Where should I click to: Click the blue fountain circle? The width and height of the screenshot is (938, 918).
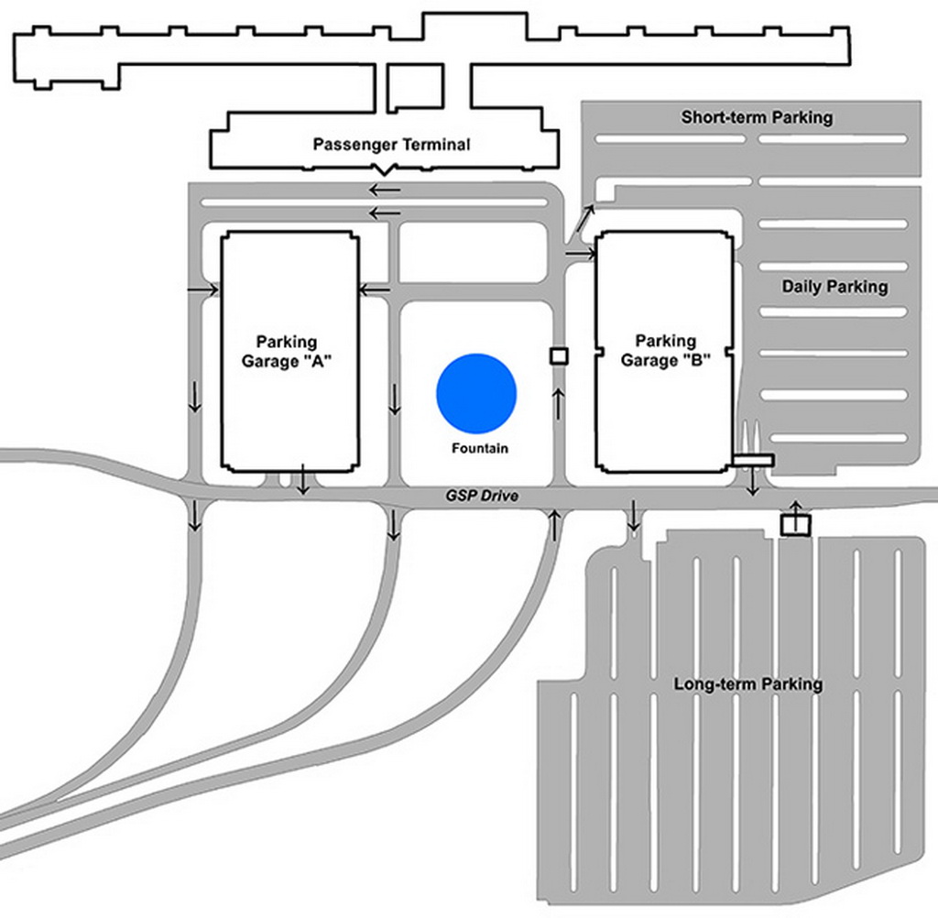(x=476, y=393)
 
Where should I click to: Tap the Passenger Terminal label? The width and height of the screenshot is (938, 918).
(x=391, y=145)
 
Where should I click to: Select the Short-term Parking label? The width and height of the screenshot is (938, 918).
(x=757, y=117)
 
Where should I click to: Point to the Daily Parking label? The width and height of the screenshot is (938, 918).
(x=834, y=287)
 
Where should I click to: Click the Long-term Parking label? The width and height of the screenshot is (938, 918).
(x=747, y=684)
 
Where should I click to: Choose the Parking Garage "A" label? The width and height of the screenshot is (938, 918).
(x=286, y=351)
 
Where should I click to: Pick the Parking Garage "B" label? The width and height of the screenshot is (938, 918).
(x=665, y=351)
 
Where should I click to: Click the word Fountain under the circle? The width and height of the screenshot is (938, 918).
(x=479, y=449)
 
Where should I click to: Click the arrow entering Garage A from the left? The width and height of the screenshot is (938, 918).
(x=203, y=290)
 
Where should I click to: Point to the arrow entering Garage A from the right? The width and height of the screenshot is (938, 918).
(x=375, y=290)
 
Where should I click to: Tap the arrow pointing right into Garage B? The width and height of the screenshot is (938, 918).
(x=581, y=253)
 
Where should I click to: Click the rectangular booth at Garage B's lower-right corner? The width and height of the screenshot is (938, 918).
(x=753, y=459)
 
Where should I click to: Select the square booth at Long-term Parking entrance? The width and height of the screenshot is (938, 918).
(x=795, y=524)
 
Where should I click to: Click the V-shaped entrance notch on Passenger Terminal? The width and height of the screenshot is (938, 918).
(x=384, y=170)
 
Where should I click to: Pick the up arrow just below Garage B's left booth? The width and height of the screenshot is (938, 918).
(x=558, y=400)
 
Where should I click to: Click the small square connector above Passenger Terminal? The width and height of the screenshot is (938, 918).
(x=415, y=87)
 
